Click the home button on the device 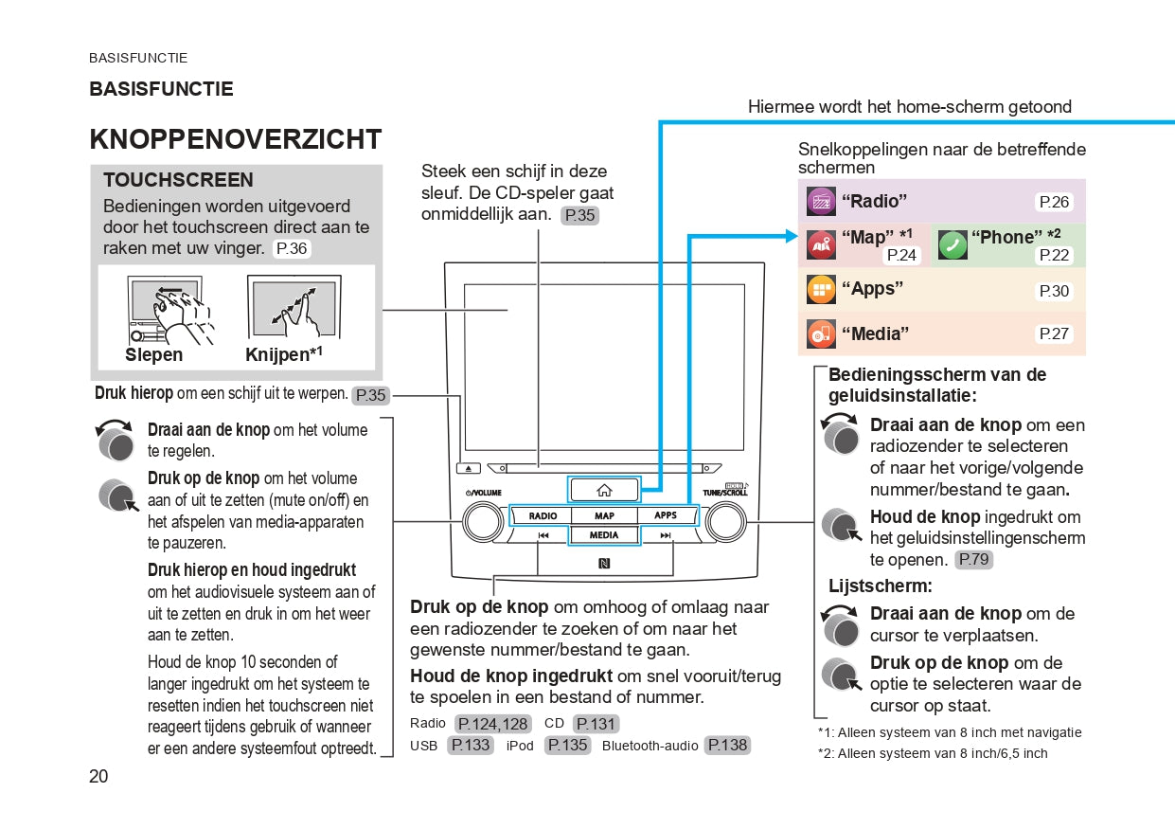tap(604, 490)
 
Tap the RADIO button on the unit tap(543, 516)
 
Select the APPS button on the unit tap(666, 515)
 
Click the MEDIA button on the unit tap(604, 535)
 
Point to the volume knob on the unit tap(483, 521)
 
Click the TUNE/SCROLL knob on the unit tap(725, 521)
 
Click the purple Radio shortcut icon tap(820, 201)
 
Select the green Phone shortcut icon tap(952, 244)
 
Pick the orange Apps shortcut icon tap(820, 289)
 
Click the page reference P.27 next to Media tap(1054, 333)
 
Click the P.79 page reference tap(973, 560)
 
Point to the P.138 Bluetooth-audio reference tap(727, 746)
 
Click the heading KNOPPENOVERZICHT tap(235, 140)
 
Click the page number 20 tap(98, 777)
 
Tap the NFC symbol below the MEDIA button tap(604, 564)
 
